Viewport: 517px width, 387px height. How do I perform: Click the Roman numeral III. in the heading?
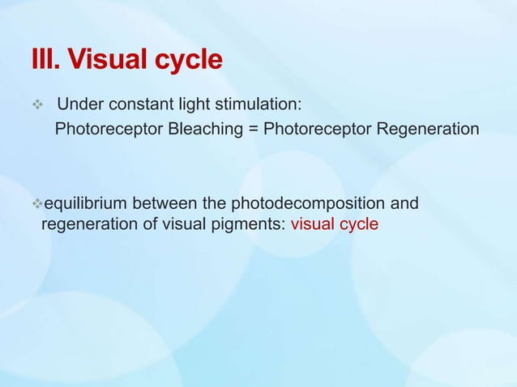click(x=45, y=60)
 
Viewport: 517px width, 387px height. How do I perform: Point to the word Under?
click(x=79, y=105)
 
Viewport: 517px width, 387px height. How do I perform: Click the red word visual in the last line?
click(x=313, y=223)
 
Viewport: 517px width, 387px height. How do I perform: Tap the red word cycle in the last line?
click(x=359, y=224)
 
